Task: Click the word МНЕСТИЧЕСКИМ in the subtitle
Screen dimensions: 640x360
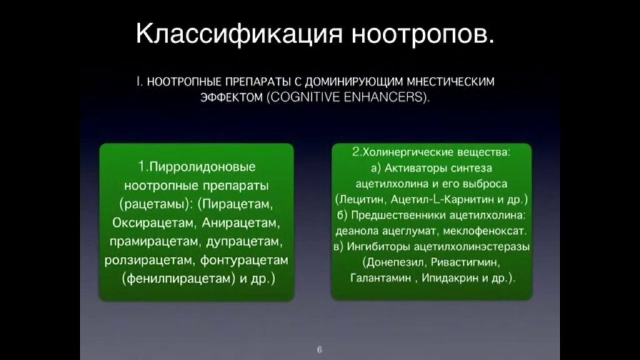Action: (x=451, y=82)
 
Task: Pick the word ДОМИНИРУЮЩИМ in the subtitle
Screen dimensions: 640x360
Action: (x=354, y=82)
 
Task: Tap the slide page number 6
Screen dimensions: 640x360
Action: (x=319, y=349)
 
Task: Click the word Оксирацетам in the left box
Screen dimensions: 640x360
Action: (x=153, y=223)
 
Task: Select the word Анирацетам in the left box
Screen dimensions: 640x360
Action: (x=241, y=223)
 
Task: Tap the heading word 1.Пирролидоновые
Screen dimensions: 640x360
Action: (x=197, y=166)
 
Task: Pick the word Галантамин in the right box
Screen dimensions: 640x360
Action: (x=381, y=278)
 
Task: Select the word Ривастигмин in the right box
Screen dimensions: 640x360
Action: (x=465, y=262)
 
